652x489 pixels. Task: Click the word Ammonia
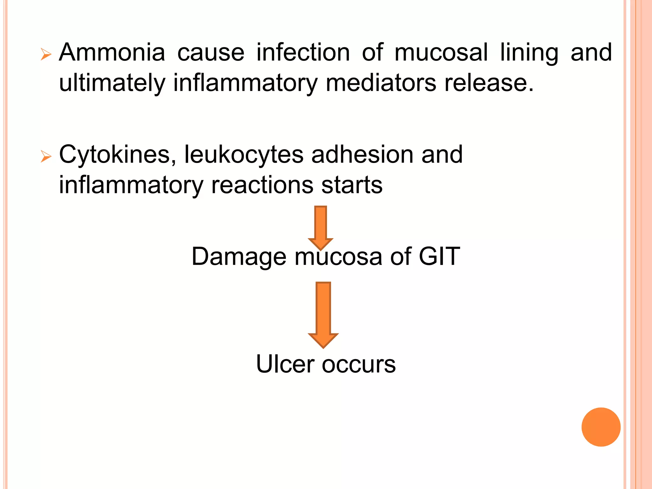[x=112, y=53]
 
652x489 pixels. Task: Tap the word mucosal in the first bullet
[x=441, y=53]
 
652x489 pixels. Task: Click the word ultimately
[x=112, y=83]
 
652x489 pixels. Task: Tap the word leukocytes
[x=244, y=155]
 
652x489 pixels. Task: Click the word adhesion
[x=362, y=154]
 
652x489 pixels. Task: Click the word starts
[x=352, y=185]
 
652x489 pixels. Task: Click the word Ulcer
[x=285, y=364]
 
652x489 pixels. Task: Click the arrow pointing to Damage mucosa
[x=321, y=227]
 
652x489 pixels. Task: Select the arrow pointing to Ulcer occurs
[x=323, y=314]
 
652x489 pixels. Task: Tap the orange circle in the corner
[x=601, y=427]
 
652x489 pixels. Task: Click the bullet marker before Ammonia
[x=46, y=55]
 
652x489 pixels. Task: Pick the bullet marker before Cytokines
[x=46, y=157]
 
